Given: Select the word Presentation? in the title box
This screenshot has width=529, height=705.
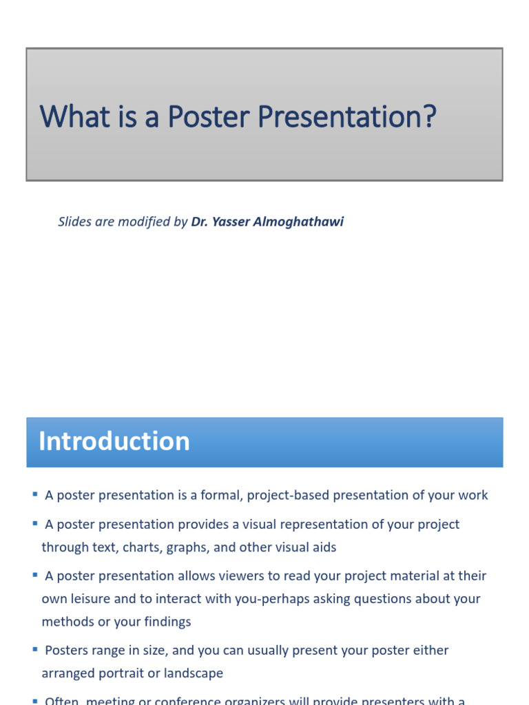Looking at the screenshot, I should pyautogui.click(x=347, y=116).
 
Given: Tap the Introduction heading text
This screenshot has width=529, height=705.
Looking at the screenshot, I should pyautogui.click(x=114, y=441).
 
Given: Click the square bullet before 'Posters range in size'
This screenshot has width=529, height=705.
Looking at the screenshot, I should pyautogui.click(x=34, y=649).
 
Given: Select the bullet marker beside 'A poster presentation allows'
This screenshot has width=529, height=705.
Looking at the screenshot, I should pyautogui.click(x=34, y=575).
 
